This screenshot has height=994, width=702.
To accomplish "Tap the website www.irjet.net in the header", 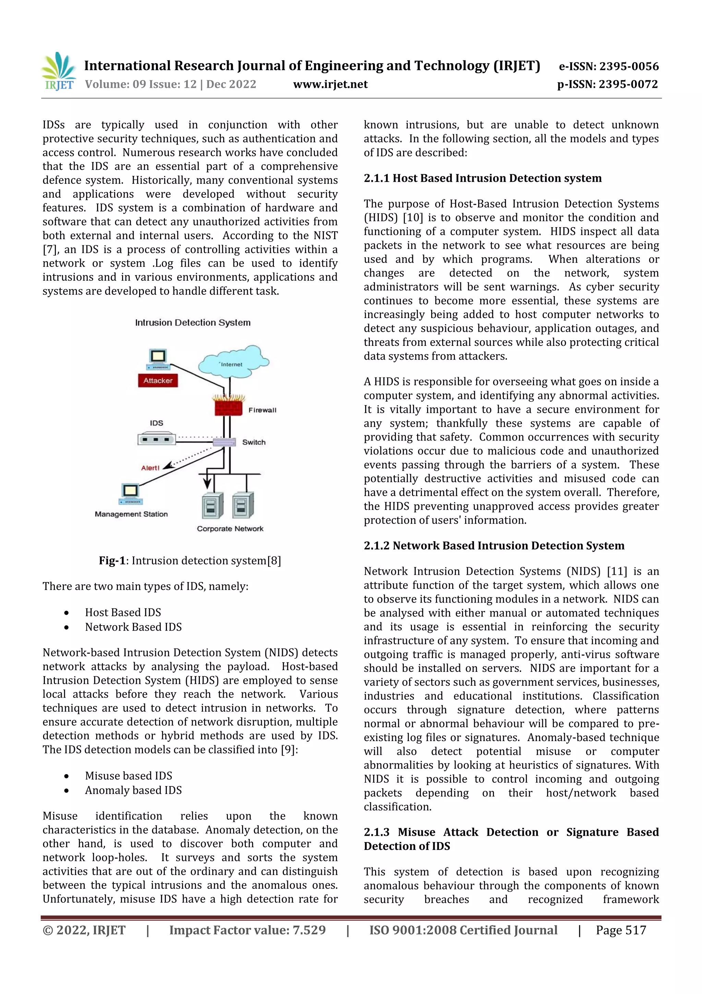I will point(330,84).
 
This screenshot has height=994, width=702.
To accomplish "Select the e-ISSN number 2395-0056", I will point(608,66).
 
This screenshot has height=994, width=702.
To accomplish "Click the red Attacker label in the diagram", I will point(158,381).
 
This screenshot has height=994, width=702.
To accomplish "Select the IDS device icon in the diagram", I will point(157,439).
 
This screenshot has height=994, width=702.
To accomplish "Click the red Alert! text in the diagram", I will point(150,468).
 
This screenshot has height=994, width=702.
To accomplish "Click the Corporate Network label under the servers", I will point(230,529).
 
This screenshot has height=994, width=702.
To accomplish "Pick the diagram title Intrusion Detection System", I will point(193,323).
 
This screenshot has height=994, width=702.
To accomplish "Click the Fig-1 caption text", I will point(190,561).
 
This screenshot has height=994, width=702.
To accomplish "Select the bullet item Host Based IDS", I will point(123,612).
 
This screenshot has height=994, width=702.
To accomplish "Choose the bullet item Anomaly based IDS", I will point(133,790).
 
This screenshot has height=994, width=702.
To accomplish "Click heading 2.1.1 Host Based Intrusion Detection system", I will point(482,178).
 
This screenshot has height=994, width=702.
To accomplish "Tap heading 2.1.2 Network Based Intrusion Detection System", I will point(494,546).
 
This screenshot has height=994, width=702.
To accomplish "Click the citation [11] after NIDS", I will point(617,572).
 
